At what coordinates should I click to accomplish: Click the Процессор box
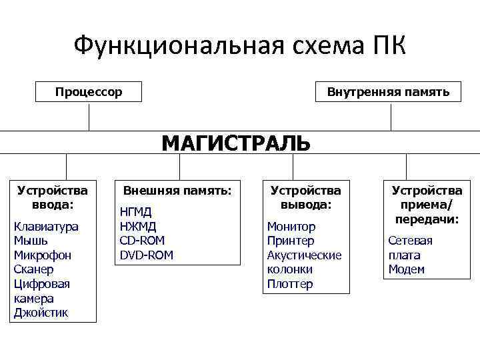point(89,91)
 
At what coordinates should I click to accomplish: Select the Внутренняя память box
point(388,91)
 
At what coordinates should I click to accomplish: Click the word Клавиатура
point(46,227)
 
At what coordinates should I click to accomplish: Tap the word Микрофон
point(43,255)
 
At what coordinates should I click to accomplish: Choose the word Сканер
point(33,269)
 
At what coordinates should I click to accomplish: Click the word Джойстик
point(41,313)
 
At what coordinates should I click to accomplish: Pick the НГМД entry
point(135,212)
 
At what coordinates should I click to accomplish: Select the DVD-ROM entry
point(146,255)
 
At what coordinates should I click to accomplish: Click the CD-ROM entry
point(142,240)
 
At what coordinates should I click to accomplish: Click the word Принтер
point(290,241)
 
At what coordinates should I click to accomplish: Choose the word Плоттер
point(289,284)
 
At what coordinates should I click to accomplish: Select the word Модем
point(406,269)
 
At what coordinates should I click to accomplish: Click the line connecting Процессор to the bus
point(89,116)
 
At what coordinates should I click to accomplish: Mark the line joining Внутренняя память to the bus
point(391,116)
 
